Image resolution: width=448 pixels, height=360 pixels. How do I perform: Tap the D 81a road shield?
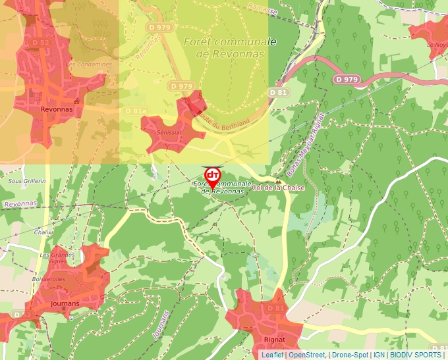click(134, 111)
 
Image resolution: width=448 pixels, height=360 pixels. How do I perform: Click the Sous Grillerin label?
click(26, 181)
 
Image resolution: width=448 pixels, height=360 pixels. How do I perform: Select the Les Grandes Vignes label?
click(58, 258)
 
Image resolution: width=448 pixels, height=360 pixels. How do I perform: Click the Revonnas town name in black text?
click(55, 110)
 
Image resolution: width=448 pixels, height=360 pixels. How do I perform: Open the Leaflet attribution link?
click(272, 355)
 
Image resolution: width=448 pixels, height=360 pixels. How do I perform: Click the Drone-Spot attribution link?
click(350, 355)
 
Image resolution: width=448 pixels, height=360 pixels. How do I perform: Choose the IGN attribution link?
click(379, 355)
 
